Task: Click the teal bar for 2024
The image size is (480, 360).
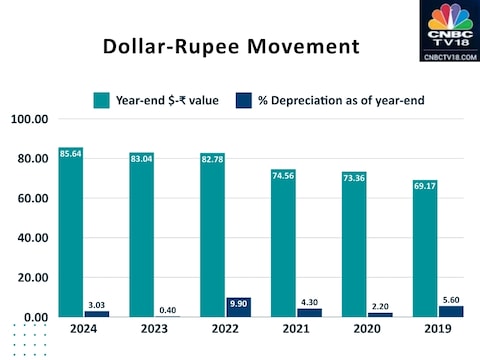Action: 71,240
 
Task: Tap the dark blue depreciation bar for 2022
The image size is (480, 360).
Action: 240,307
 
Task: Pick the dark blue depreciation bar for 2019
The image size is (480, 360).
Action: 452,311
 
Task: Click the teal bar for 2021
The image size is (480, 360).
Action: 284,250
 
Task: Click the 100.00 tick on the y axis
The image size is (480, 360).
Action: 30,119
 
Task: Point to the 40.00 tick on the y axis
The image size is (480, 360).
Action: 32,238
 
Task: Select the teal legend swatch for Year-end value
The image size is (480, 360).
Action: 101,99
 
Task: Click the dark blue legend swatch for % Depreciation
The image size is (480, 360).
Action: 243,99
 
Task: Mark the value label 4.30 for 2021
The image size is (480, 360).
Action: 311,300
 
